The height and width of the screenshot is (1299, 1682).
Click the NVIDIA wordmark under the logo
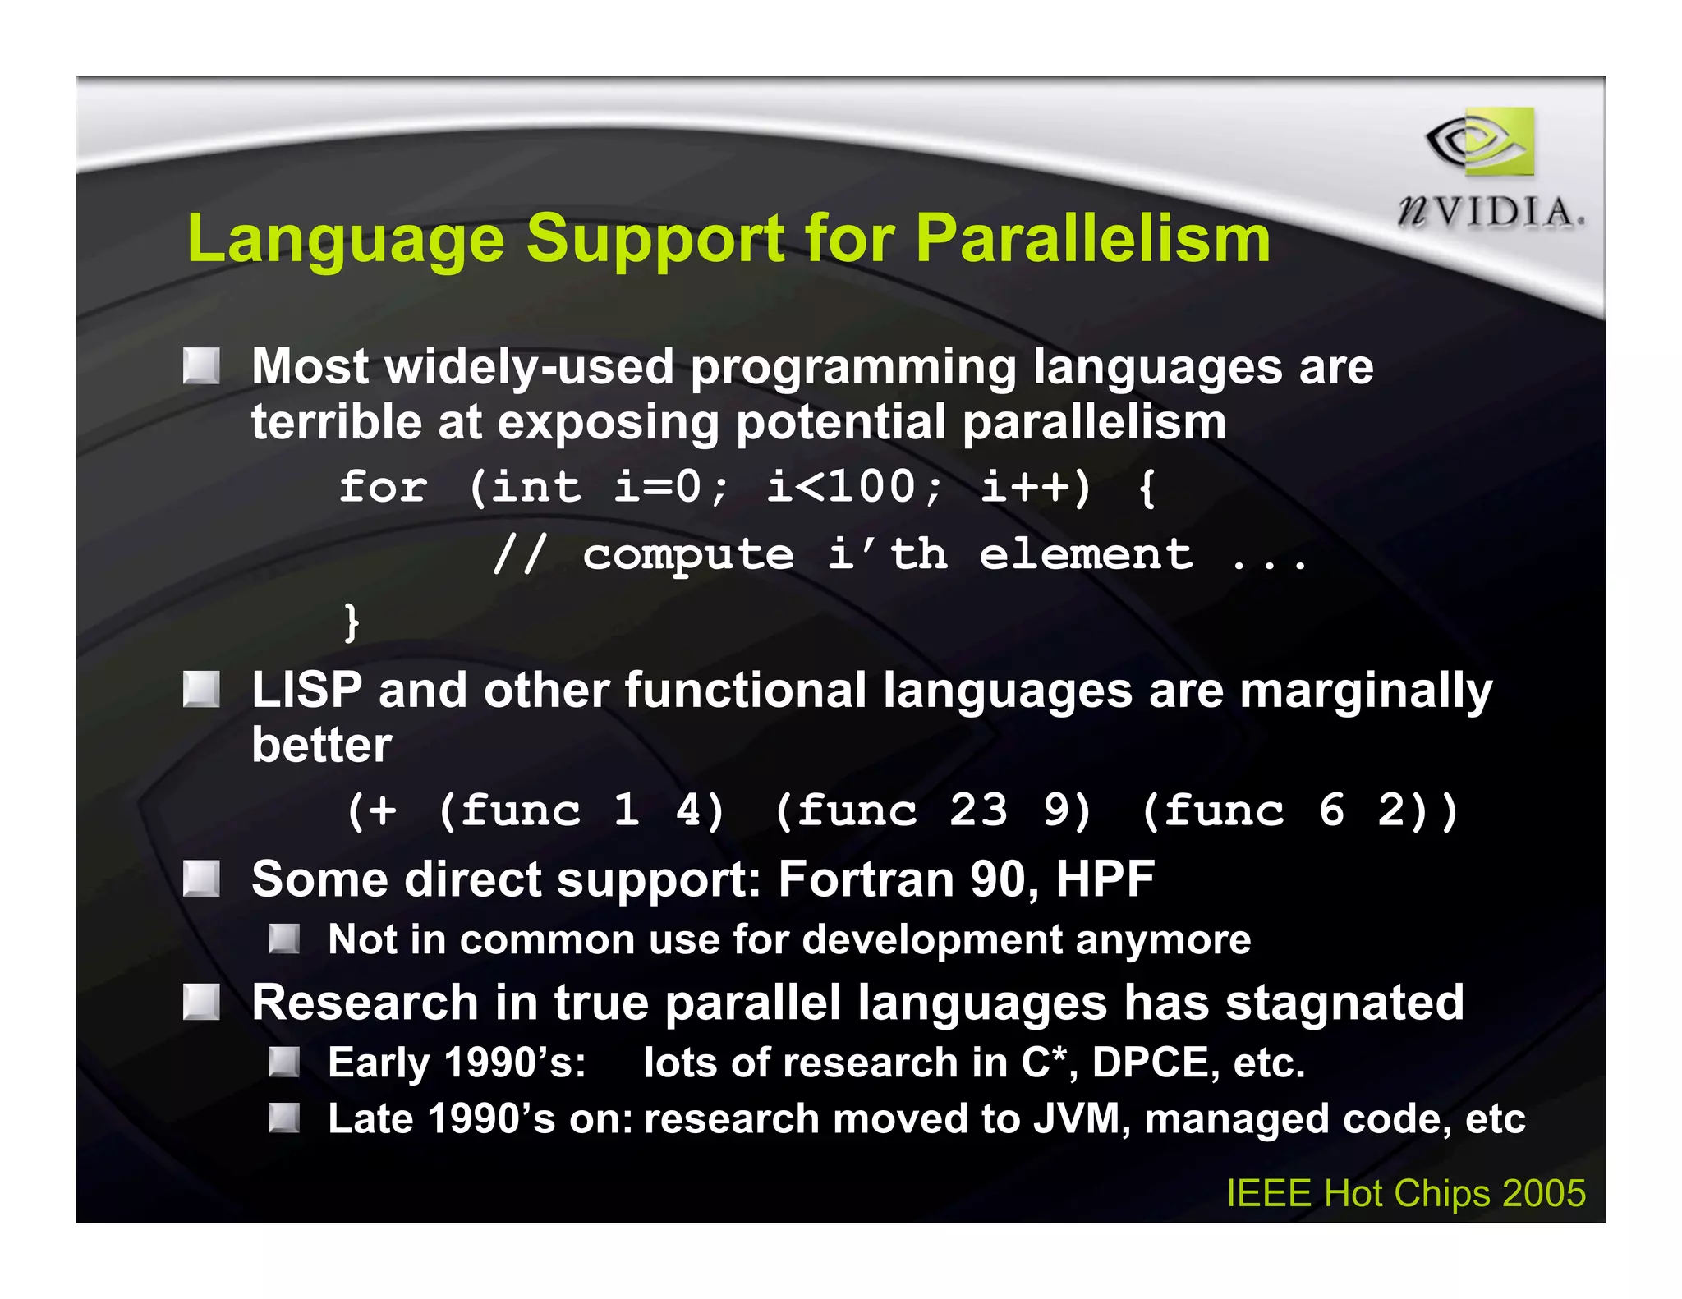(x=1490, y=213)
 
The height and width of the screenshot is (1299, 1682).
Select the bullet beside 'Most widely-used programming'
(x=201, y=366)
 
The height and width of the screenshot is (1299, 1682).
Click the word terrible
(x=336, y=422)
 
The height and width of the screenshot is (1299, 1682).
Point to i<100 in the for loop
(x=843, y=486)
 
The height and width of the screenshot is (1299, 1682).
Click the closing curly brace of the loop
(x=352, y=622)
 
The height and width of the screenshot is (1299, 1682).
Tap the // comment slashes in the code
(x=519, y=555)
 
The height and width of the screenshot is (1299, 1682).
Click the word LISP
(x=306, y=690)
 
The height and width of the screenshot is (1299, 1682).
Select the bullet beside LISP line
(x=201, y=690)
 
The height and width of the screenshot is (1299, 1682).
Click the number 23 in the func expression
(x=978, y=810)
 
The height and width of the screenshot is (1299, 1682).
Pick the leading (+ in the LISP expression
(x=372, y=811)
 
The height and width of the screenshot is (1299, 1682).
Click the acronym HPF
(x=1105, y=879)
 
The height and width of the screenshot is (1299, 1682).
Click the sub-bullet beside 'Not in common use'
(x=284, y=939)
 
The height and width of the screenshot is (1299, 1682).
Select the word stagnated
(x=1344, y=1003)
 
